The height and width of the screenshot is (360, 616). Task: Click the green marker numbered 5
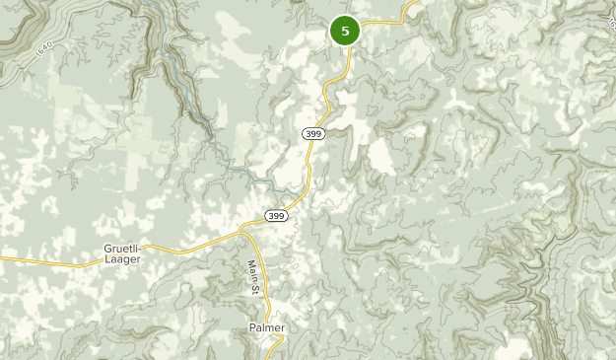(345, 32)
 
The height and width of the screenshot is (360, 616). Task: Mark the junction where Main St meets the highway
(242, 231)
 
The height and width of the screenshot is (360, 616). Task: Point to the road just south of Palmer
(278, 345)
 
